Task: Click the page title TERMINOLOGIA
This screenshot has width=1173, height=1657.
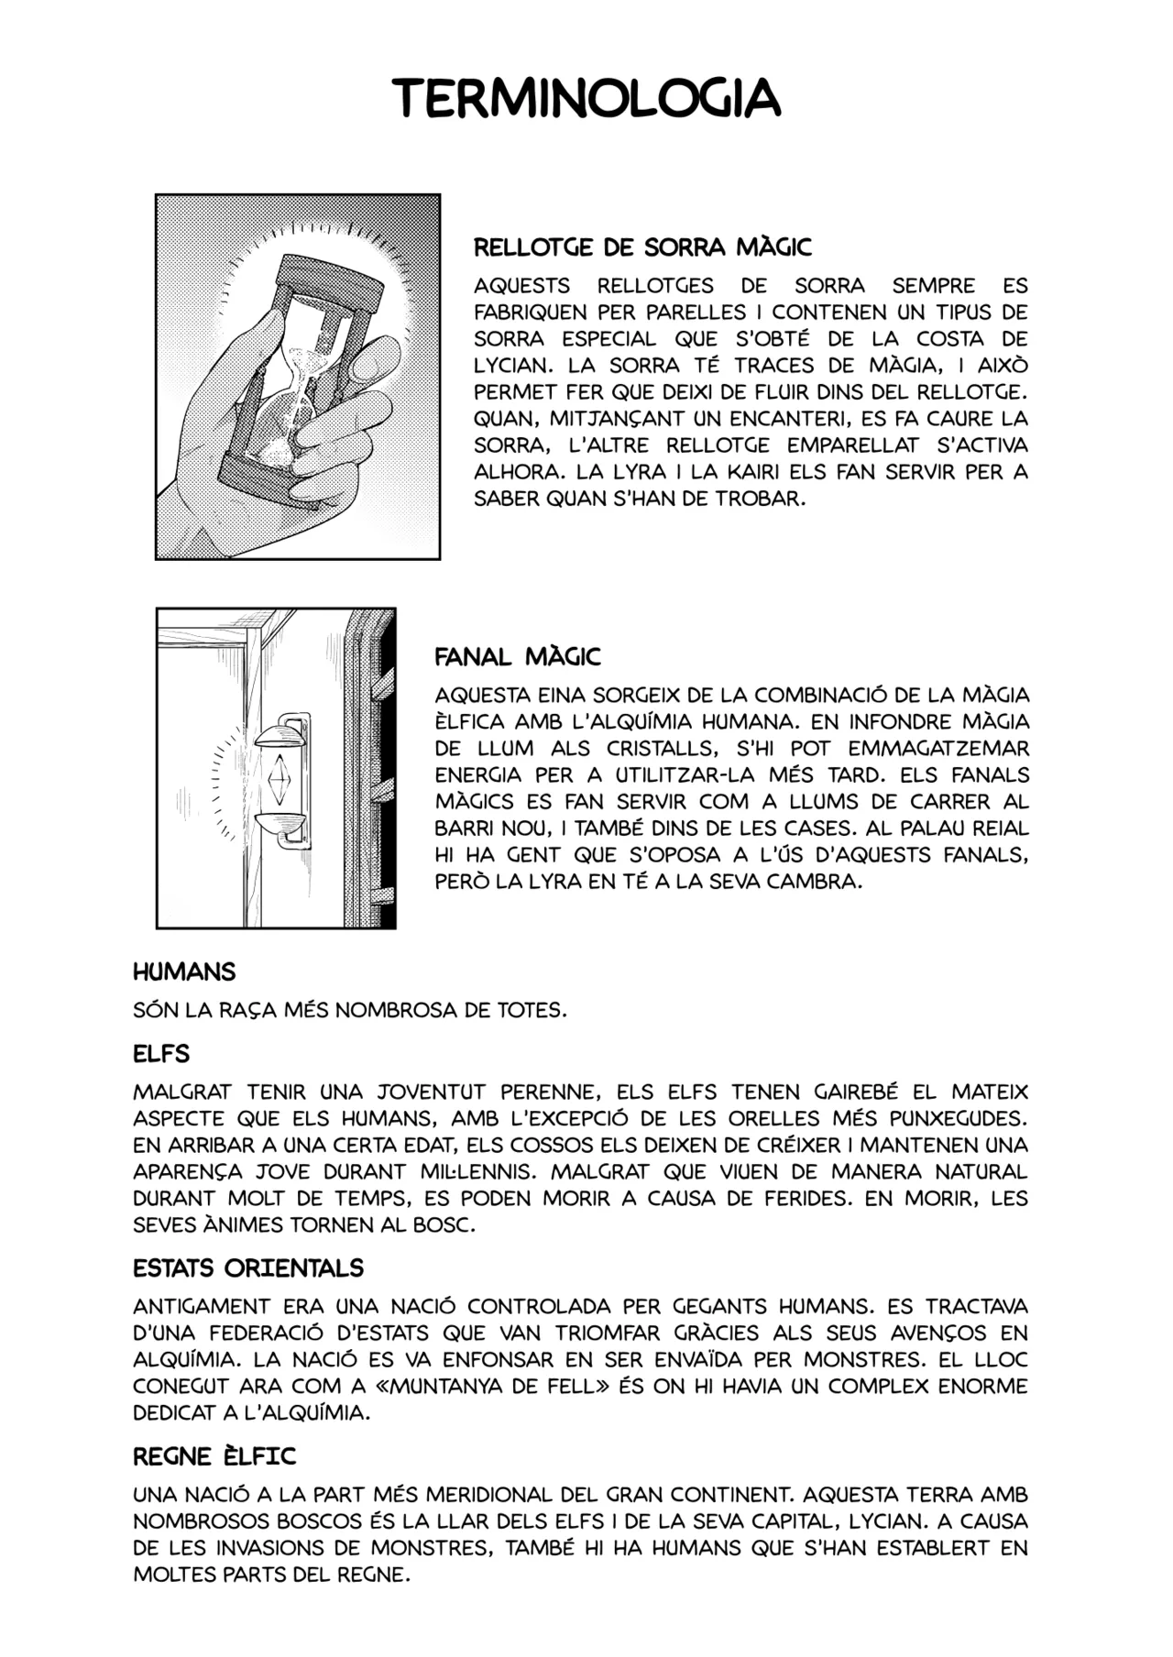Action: tap(586, 97)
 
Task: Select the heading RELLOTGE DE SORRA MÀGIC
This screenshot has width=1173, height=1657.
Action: tap(642, 247)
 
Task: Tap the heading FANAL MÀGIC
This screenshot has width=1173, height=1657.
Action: tap(517, 656)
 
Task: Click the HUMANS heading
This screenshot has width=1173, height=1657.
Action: tap(184, 971)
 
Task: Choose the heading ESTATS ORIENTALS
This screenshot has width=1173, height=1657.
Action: tap(248, 1268)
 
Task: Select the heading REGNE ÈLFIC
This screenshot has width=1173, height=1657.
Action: tap(214, 1456)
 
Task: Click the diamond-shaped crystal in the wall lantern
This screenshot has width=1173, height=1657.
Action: tap(278, 776)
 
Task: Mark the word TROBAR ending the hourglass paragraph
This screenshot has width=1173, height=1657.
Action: tap(761, 499)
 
